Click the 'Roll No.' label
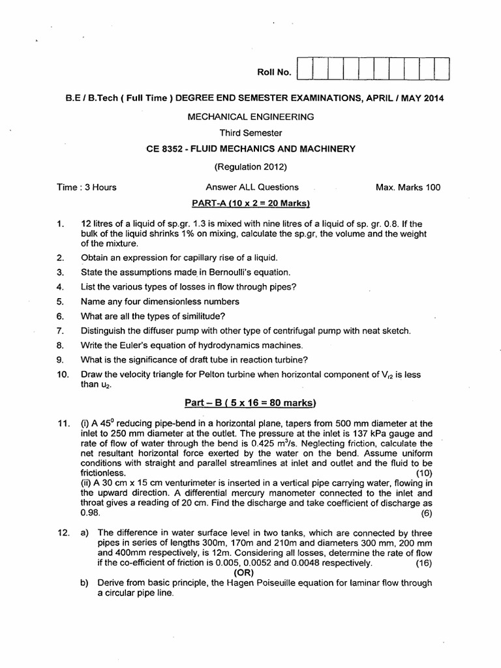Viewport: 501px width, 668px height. click(273, 73)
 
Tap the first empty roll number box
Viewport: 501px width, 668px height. click(305, 69)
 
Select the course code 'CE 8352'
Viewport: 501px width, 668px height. click(166, 149)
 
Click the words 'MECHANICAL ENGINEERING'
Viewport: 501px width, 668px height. click(250, 117)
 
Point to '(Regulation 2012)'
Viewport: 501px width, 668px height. click(250, 166)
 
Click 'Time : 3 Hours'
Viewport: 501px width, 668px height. click(87, 187)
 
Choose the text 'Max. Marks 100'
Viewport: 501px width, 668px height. click(408, 187)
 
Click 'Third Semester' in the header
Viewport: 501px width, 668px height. click(250, 133)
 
